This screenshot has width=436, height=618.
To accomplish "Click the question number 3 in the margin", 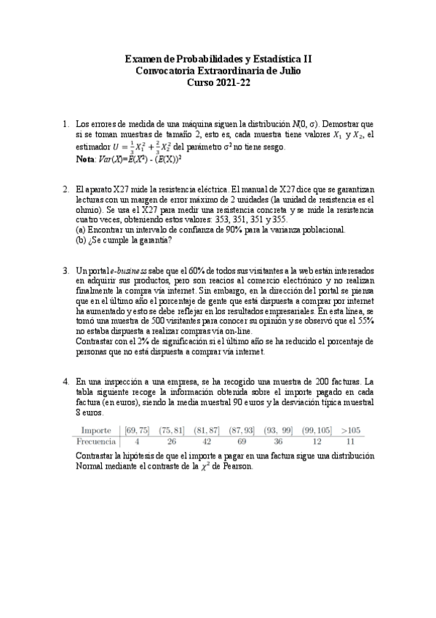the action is coord(66,270).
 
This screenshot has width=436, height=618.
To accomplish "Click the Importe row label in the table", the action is coord(96,430).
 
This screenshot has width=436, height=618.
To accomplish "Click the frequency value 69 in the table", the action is coord(243,441).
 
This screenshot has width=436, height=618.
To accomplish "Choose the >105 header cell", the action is coord(351,430).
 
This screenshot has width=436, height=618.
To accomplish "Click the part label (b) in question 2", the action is coord(82,240).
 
